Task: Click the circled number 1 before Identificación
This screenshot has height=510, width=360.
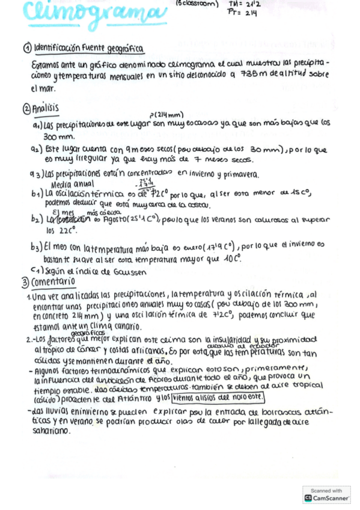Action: click(27, 49)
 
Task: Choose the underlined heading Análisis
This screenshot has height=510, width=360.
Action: click(45, 108)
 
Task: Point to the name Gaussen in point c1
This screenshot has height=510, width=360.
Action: click(126, 271)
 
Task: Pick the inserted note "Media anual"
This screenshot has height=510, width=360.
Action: click(73, 184)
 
